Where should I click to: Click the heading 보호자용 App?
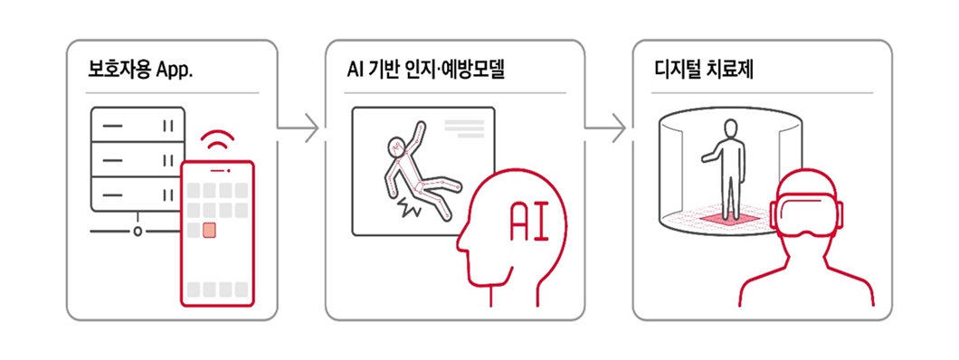pyautogui.click(x=139, y=69)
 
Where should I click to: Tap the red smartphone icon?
pyautogui.click(x=217, y=232)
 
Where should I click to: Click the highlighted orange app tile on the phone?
pyautogui.click(x=209, y=230)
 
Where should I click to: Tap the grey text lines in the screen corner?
pyautogui.click(x=463, y=128)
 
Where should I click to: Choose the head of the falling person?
pyautogui.click(x=395, y=144)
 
